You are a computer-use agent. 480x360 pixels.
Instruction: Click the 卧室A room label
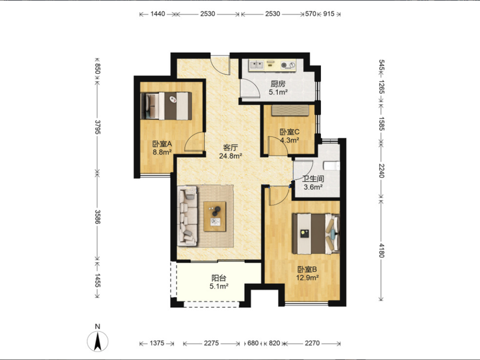click(x=162, y=144)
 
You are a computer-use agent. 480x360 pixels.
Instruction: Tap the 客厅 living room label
click(x=230, y=148)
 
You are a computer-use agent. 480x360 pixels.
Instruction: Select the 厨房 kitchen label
click(x=278, y=84)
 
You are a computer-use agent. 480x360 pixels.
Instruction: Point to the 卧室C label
click(x=289, y=132)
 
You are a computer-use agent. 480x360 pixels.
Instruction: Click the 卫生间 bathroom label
click(x=313, y=179)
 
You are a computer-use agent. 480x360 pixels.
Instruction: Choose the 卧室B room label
click(x=307, y=269)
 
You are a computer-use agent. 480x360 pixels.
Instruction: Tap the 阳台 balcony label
click(x=219, y=278)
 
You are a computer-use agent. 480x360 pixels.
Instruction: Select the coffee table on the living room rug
click(x=215, y=217)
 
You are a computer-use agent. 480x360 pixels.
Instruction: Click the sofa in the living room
click(x=187, y=215)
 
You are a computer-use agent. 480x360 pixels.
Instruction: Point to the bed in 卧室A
click(x=166, y=106)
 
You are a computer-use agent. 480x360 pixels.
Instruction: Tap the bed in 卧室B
click(x=316, y=233)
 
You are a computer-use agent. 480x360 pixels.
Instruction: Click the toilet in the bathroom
click(x=332, y=166)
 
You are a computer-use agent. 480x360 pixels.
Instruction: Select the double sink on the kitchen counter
click(x=257, y=65)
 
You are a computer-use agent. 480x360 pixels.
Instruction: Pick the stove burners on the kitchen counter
click(x=289, y=65)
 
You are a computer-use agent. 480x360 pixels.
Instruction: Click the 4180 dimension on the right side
click(x=381, y=250)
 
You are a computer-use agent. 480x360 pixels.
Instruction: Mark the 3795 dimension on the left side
click(x=98, y=127)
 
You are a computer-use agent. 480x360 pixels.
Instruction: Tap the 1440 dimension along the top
click(x=158, y=14)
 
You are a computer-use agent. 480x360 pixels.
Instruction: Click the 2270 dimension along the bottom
click(x=312, y=343)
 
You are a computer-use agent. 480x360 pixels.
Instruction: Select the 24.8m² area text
click(x=230, y=156)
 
